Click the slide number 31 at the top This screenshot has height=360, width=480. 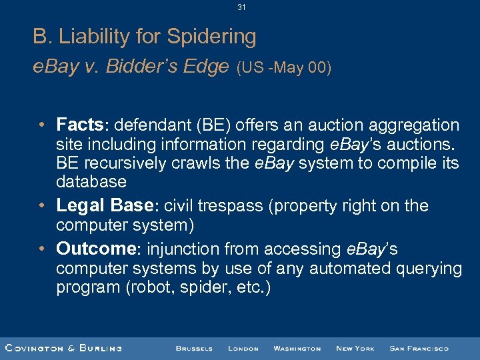tap(241, 7)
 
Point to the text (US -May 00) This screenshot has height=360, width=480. tap(283, 68)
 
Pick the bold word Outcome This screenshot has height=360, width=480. tap(95, 249)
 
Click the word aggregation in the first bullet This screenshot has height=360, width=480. tap(416, 125)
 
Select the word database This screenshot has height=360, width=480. tap(91, 182)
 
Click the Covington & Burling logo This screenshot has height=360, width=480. tap(63, 348)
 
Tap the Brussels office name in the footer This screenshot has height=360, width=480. tap(194, 348)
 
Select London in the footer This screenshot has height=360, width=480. tap(243, 348)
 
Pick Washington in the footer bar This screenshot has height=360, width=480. tap(297, 348)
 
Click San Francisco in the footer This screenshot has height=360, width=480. tap(419, 348)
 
